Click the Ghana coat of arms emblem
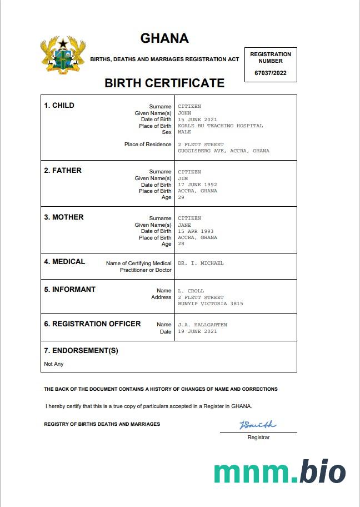point(63,54)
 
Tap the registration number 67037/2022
point(271,73)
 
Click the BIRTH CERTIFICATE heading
point(164,83)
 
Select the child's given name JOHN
point(184,113)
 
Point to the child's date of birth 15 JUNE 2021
point(197,120)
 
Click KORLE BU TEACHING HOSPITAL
point(220,126)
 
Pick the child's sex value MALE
point(184,132)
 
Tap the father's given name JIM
point(183,178)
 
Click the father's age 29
point(181,197)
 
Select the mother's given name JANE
point(184,225)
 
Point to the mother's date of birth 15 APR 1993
point(196,231)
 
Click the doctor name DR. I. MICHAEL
point(201,263)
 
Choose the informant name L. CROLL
point(191,291)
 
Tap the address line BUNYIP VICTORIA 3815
point(210,304)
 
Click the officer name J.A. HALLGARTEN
point(202,325)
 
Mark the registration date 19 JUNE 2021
point(197,331)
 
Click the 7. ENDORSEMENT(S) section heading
point(81,351)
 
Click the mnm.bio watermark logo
point(279,472)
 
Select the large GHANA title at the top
point(164,38)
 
